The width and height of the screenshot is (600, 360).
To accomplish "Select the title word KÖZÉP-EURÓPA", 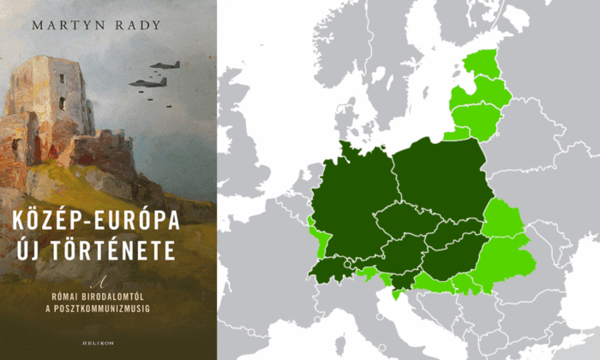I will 109,220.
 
